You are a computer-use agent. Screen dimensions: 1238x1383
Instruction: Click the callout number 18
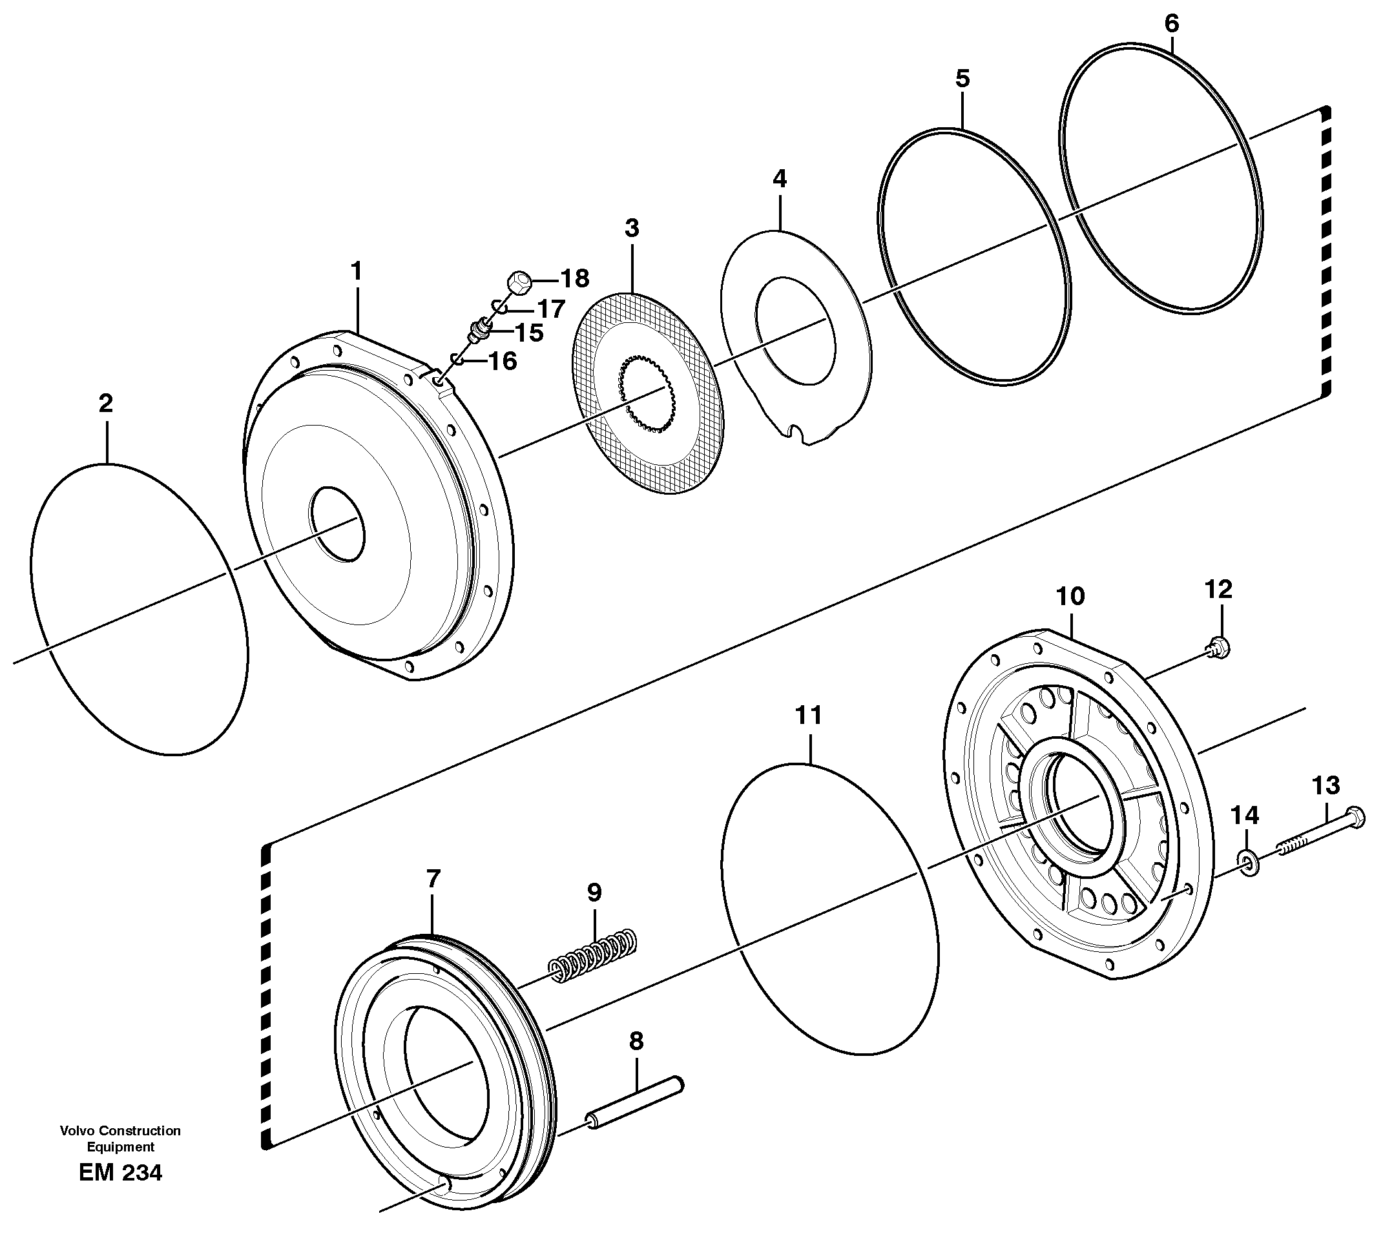[574, 278]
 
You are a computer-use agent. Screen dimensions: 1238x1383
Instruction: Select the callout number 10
[1070, 597]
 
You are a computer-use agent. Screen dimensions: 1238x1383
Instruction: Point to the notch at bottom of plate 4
[796, 434]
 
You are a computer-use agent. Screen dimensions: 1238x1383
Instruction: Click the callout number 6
[1171, 23]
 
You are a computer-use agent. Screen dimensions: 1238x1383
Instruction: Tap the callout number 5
[962, 78]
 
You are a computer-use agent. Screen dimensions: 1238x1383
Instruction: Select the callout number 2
[105, 404]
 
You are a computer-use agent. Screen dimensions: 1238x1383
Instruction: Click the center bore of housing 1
[337, 524]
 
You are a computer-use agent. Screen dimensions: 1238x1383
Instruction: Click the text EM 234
[120, 1173]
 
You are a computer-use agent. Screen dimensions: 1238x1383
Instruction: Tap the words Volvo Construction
[120, 1131]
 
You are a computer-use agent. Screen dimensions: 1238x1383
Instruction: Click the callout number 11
[809, 715]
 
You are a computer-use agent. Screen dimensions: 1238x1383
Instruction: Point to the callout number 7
[433, 879]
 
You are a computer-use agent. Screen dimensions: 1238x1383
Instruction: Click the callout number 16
[503, 361]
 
